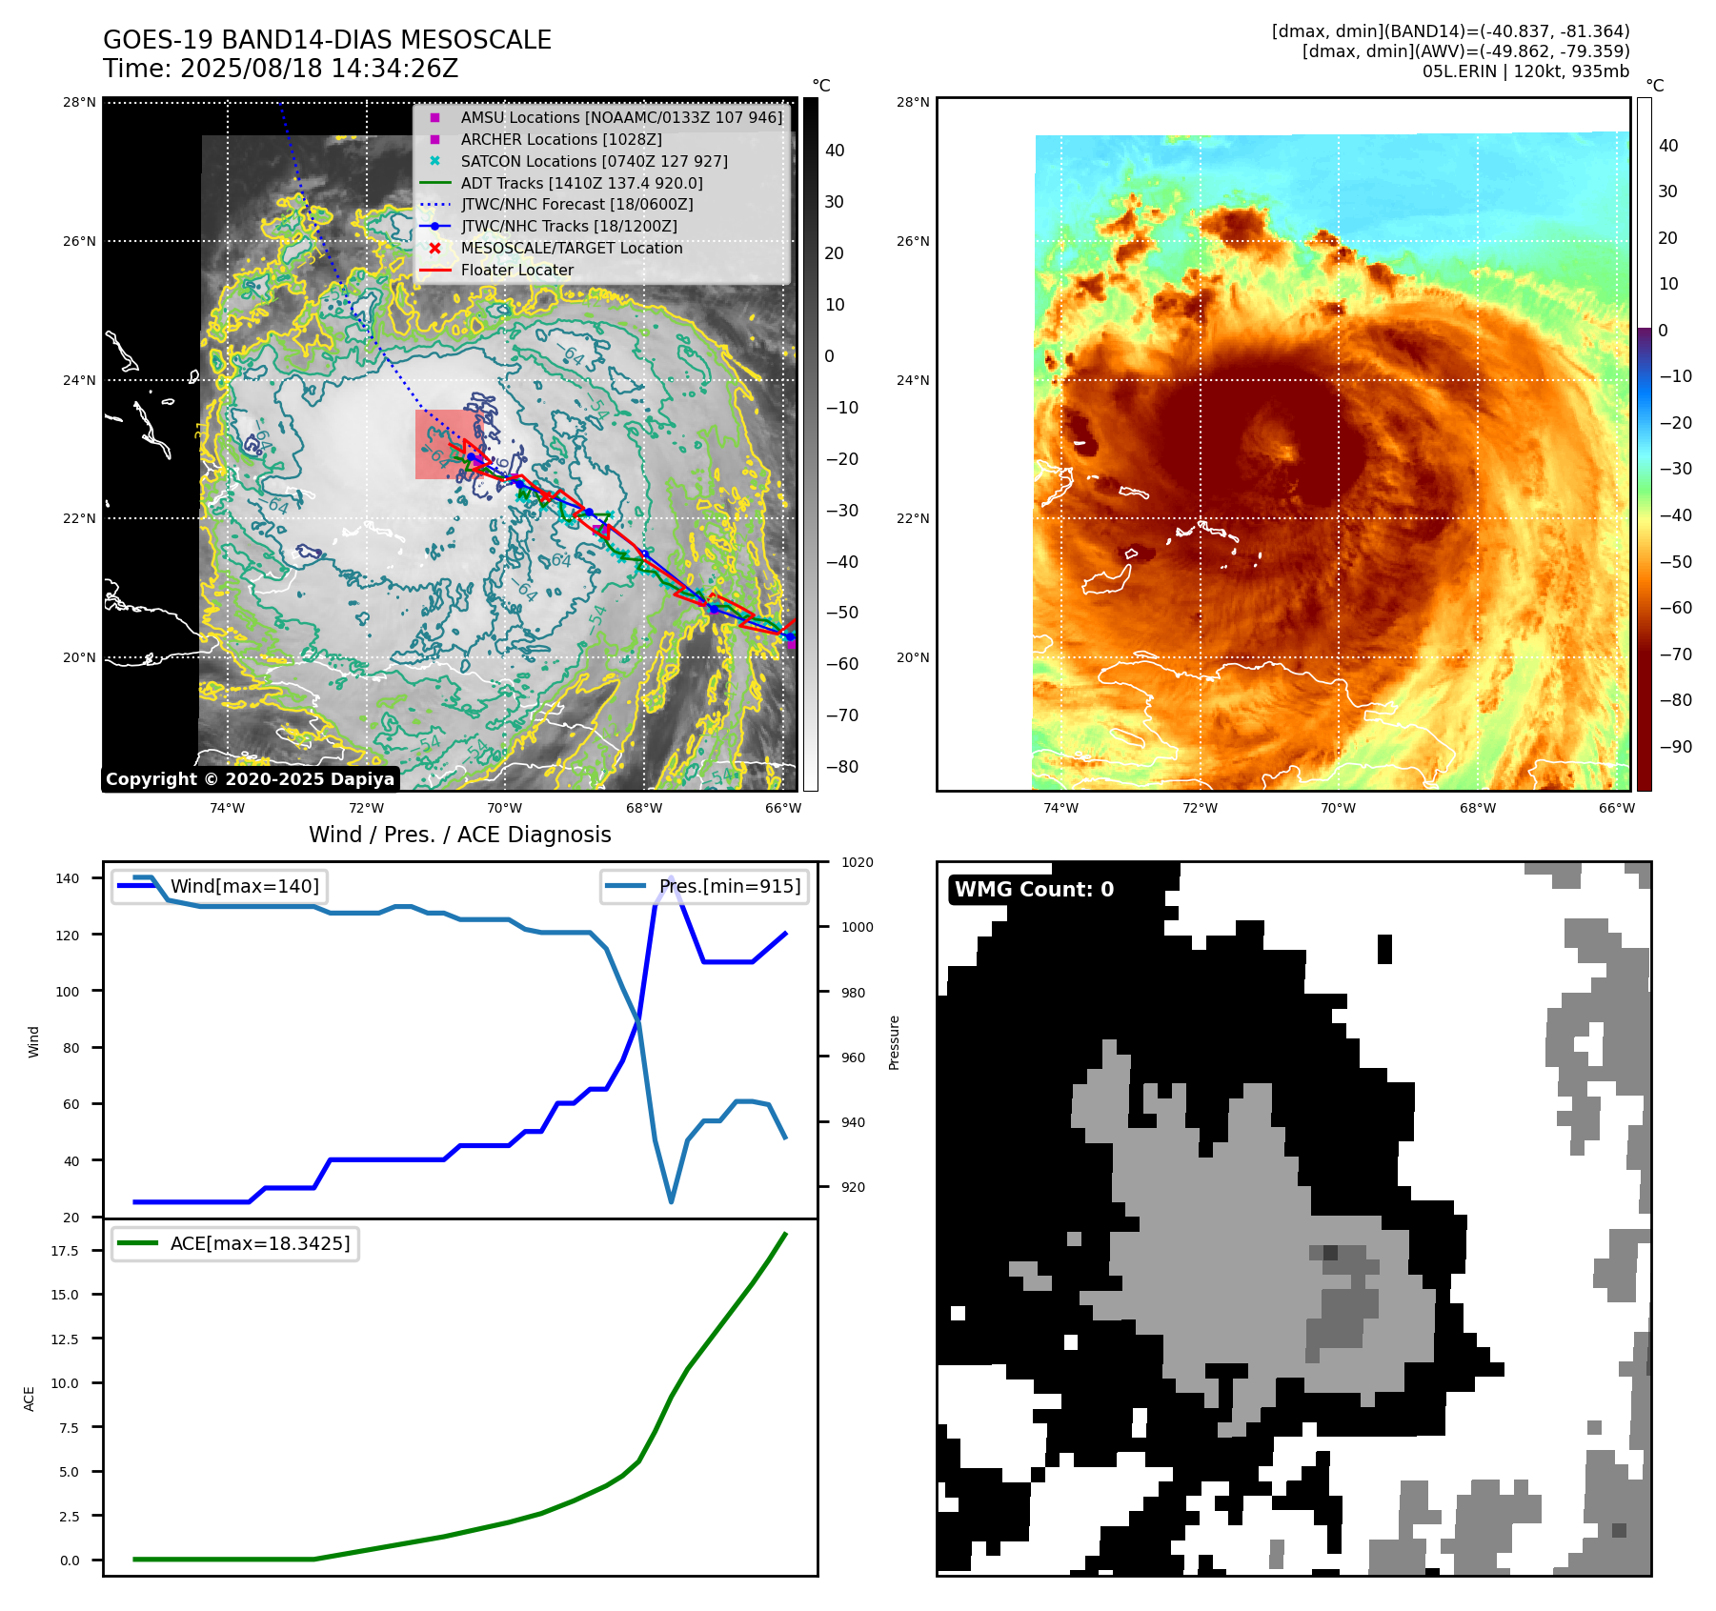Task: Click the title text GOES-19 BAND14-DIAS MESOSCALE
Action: pos(327,40)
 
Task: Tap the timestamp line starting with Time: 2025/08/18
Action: pos(281,69)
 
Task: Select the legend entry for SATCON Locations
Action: pos(593,161)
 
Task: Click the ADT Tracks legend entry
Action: pos(581,183)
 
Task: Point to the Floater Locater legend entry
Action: pos(516,270)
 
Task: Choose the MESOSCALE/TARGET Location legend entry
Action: pos(571,248)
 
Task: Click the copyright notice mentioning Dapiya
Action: pos(250,779)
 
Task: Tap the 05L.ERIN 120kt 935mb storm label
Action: pos(1525,71)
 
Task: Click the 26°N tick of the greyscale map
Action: pos(80,241)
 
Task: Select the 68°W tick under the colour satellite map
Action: pos(1477,808)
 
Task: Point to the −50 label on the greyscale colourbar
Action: pos(841,613)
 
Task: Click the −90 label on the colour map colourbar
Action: pos(1675,747)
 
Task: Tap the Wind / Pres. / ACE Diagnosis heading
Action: pos(460,835)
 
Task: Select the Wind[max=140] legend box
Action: pos(219,886)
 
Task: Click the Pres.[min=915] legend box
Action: pos(705,886)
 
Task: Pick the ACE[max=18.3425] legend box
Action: pos(235,1243)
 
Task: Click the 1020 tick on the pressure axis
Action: pos(857,862)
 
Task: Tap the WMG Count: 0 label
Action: pos(1034,889)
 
